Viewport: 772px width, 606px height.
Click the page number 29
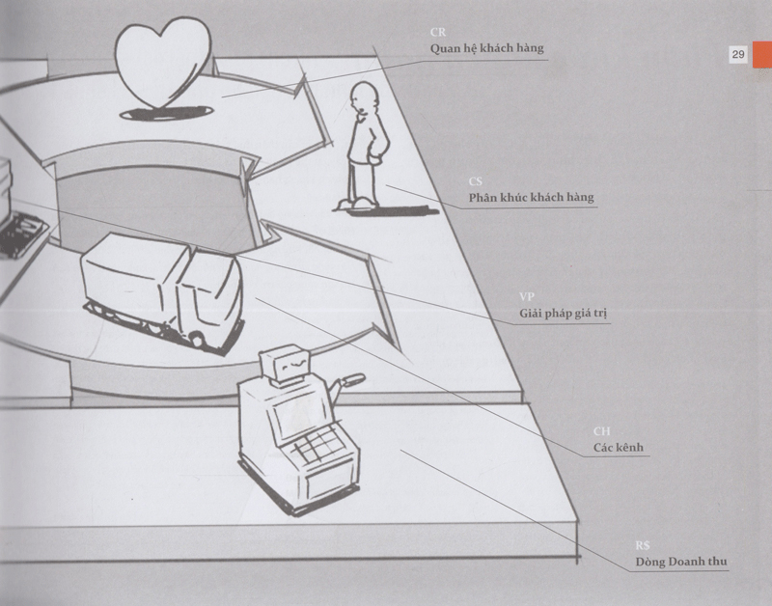coord(736,55)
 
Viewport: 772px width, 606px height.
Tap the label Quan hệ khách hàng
coord(487,47)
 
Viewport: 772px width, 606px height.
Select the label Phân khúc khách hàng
coord(532,198)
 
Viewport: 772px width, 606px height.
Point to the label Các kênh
coord(619,449)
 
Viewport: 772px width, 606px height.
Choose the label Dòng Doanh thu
coord(680,562)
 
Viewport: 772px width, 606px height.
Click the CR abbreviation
coord(437,32)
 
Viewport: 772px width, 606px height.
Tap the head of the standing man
coord(364,99)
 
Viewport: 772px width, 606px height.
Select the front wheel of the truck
coord(198,338)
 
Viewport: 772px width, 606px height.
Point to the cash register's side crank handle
coord(349,381)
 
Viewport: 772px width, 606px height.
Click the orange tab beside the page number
coord(761,55)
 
